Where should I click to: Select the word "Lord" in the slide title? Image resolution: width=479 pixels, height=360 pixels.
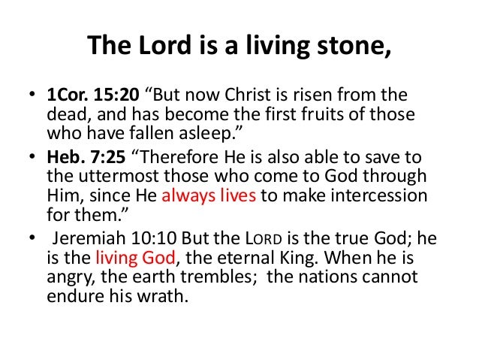[155, 48]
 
